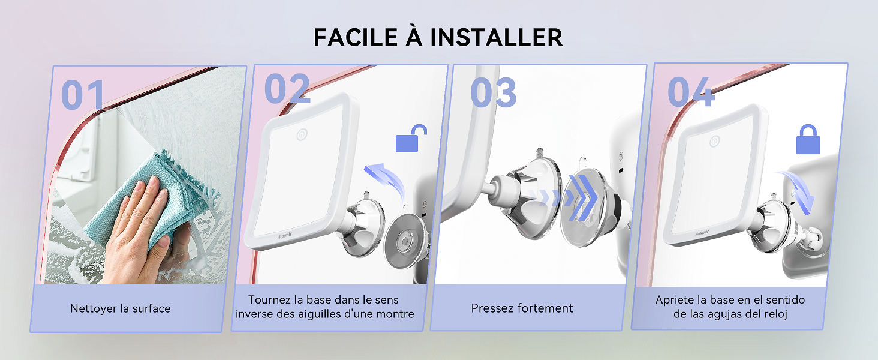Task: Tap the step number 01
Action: point(83,95)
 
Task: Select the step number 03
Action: point(493,92)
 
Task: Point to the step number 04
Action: point(691,92)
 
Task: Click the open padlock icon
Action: point(411,139)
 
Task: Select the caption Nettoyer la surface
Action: point(120,309)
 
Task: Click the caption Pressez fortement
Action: point(522,308)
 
